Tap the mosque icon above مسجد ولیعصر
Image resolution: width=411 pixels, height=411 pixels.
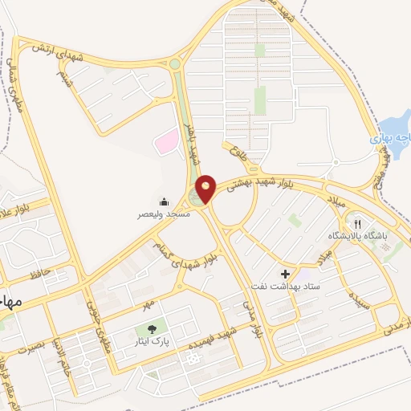click(165, 201)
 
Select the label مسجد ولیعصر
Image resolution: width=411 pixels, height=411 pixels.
click(162, 215)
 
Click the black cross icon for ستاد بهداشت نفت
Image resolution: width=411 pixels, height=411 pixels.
click(286, 274)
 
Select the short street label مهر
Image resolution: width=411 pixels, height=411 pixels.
click(147, 307)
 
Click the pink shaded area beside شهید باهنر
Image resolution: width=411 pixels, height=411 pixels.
click(166, 141)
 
